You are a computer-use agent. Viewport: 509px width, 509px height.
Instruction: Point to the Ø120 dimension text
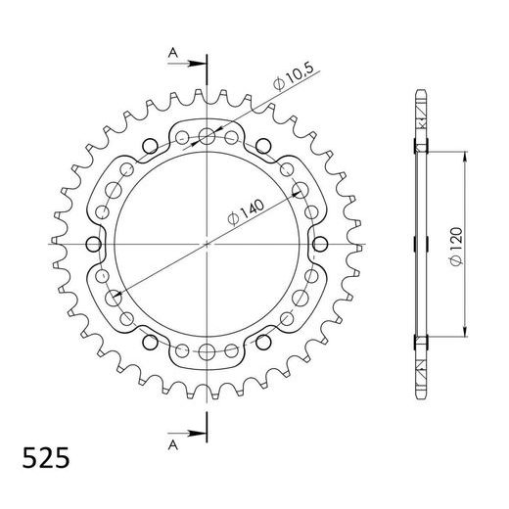(472, 244)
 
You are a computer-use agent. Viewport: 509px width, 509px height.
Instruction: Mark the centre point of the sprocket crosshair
(208, 243)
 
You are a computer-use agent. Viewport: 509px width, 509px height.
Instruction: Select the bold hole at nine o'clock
(94, 243)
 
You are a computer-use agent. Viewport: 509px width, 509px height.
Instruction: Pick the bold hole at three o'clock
(321, 243)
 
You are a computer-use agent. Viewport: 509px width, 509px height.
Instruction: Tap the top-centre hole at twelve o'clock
(208, 135)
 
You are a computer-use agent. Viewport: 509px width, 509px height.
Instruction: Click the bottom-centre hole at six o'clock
(208, 351)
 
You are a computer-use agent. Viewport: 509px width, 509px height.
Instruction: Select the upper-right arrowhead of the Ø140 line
(296, 193)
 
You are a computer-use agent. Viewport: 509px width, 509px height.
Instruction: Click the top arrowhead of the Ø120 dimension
(460, 155)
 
